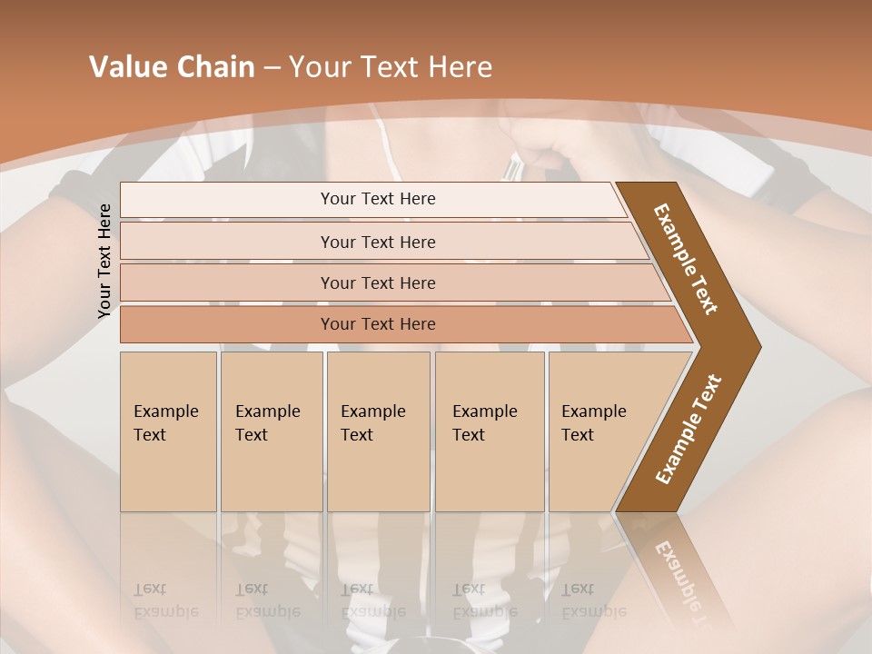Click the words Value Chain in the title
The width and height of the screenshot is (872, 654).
click(x=172, y=67)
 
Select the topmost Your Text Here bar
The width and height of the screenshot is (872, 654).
click(x=377, y=199)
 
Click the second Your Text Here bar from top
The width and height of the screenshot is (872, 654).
click(x=377, y=242)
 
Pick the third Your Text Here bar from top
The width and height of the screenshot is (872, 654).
click(x=377, y=282)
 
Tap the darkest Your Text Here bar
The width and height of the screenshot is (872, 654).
click(x=377, y=324)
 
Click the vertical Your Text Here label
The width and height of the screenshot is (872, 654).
click(x=105, y=261)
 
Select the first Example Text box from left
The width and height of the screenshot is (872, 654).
click(x=168, y=431)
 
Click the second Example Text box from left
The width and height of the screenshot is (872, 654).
click(x=271, y=431)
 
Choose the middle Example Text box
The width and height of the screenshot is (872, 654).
click(x=378, y=431)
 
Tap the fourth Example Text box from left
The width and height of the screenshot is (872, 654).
click(x=489, y=431)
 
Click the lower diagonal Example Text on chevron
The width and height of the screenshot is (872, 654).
click(x=689, y=429)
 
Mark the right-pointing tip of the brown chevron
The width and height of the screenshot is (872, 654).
click(x=758, y=346)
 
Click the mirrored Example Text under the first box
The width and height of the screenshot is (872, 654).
click(x=166, y=600)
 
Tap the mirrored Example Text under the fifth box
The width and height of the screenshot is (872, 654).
click(x=593, y=600)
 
